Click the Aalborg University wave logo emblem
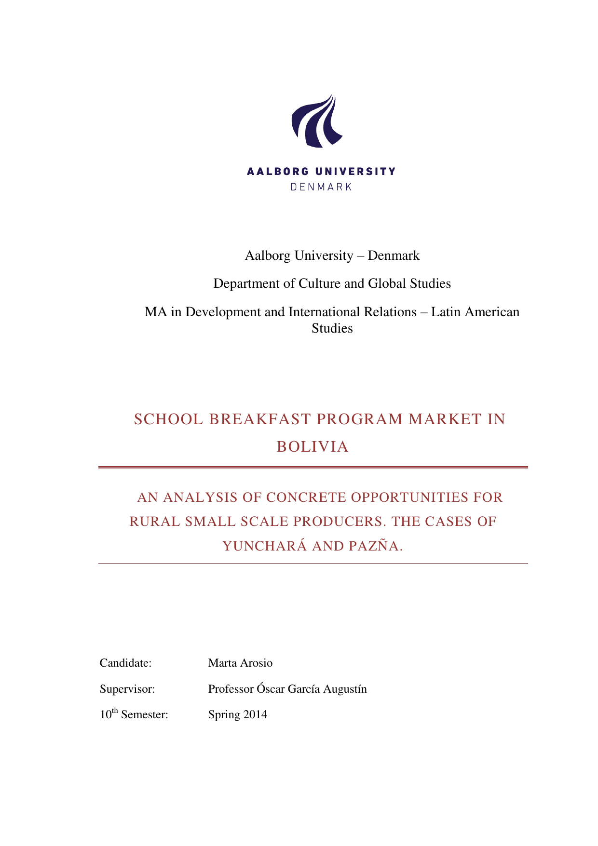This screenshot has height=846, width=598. (316, 121)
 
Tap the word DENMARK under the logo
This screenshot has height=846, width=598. (321, 187)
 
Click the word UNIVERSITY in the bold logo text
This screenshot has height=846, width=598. (355, 171)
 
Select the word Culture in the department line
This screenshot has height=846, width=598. (320, 283)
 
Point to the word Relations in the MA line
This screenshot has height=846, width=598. (392, 312)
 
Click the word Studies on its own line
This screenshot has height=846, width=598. (332, 328)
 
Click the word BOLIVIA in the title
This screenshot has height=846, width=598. (313, 447)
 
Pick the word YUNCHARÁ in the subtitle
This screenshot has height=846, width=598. (264, 546)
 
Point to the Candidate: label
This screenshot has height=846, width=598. (126, 663)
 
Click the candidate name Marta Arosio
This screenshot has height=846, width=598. (240, 663)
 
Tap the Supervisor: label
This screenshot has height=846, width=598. (127, 689)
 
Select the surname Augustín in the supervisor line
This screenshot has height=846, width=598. (345, 689)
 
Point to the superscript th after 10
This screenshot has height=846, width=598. (115, 711)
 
